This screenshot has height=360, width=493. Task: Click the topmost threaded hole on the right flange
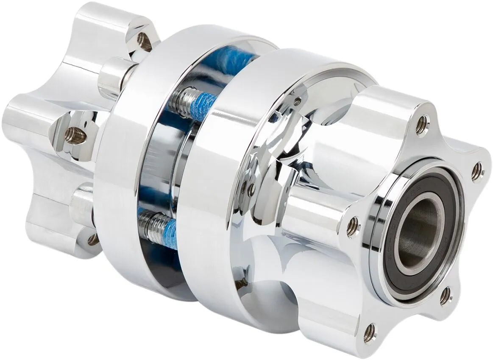pyautogui.click(x=421, y=125)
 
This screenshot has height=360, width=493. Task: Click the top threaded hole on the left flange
pyautogui.click(x=144, y=41)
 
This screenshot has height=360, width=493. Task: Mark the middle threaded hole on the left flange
pyautogui.click(x=75, y=135)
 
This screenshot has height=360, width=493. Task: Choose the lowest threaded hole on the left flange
pyautogui.click(x=93, y=240)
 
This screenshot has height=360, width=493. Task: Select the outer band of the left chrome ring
pyautogui.click(x=123, y=170)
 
